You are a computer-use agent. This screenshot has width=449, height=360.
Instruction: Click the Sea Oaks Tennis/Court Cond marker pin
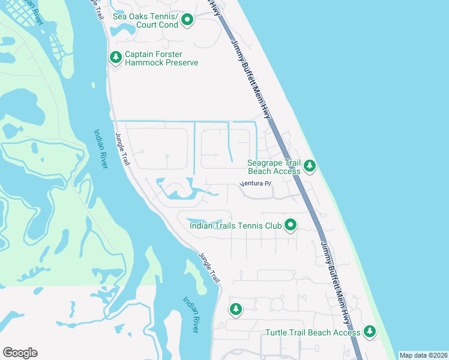[187, 20]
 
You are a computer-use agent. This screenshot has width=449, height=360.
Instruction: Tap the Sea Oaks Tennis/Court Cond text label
[146, 20]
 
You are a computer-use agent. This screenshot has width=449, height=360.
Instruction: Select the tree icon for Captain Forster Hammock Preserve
[115, 58]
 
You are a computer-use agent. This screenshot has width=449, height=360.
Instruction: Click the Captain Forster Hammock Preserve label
[161, 58]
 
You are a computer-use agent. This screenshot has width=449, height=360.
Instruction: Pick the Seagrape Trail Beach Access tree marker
[309, 166]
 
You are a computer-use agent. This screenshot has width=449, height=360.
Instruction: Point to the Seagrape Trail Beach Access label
[274, 166]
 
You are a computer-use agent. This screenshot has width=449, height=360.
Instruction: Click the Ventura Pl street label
[256, 184]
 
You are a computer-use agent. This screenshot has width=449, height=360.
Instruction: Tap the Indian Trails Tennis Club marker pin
[291, 226]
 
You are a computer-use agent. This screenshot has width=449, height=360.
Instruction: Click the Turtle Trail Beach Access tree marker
[369, 331]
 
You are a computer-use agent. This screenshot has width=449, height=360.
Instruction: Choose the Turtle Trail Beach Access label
[313, 332]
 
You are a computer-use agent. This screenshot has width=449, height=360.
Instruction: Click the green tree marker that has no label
[235, 309]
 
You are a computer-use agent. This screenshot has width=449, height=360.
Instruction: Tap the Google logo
[20, 353]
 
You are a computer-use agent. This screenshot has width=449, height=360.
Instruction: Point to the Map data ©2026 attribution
[423, 355]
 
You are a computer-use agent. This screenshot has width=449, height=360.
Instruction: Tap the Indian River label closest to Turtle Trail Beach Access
[194, 315]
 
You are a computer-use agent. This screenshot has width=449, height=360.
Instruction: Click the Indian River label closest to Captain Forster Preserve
[100, 149]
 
